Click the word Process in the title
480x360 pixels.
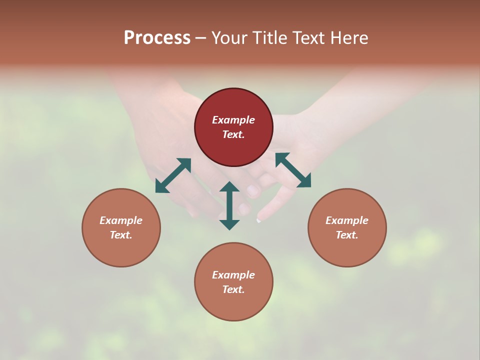click(x=157, y=38)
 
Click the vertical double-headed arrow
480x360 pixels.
click(x=229, y=205)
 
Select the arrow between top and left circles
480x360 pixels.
click(x=173, y=175)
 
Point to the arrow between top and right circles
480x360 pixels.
click(x=293, y=170)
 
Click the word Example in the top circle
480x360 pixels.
click(x=233, y=120)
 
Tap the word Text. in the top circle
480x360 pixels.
click(x=233, y=134)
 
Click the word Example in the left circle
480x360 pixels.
click(x=121, y=220)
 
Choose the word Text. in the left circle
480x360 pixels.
click(x=121, y=235)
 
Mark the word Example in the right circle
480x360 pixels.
click(x=347, y=220)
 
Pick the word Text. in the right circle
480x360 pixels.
click(x=347, y=235)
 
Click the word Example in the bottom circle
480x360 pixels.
click(x=233, y=275)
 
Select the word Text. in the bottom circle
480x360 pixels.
click(x=233, y=289)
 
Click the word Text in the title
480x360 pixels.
click(x=308, y=38)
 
